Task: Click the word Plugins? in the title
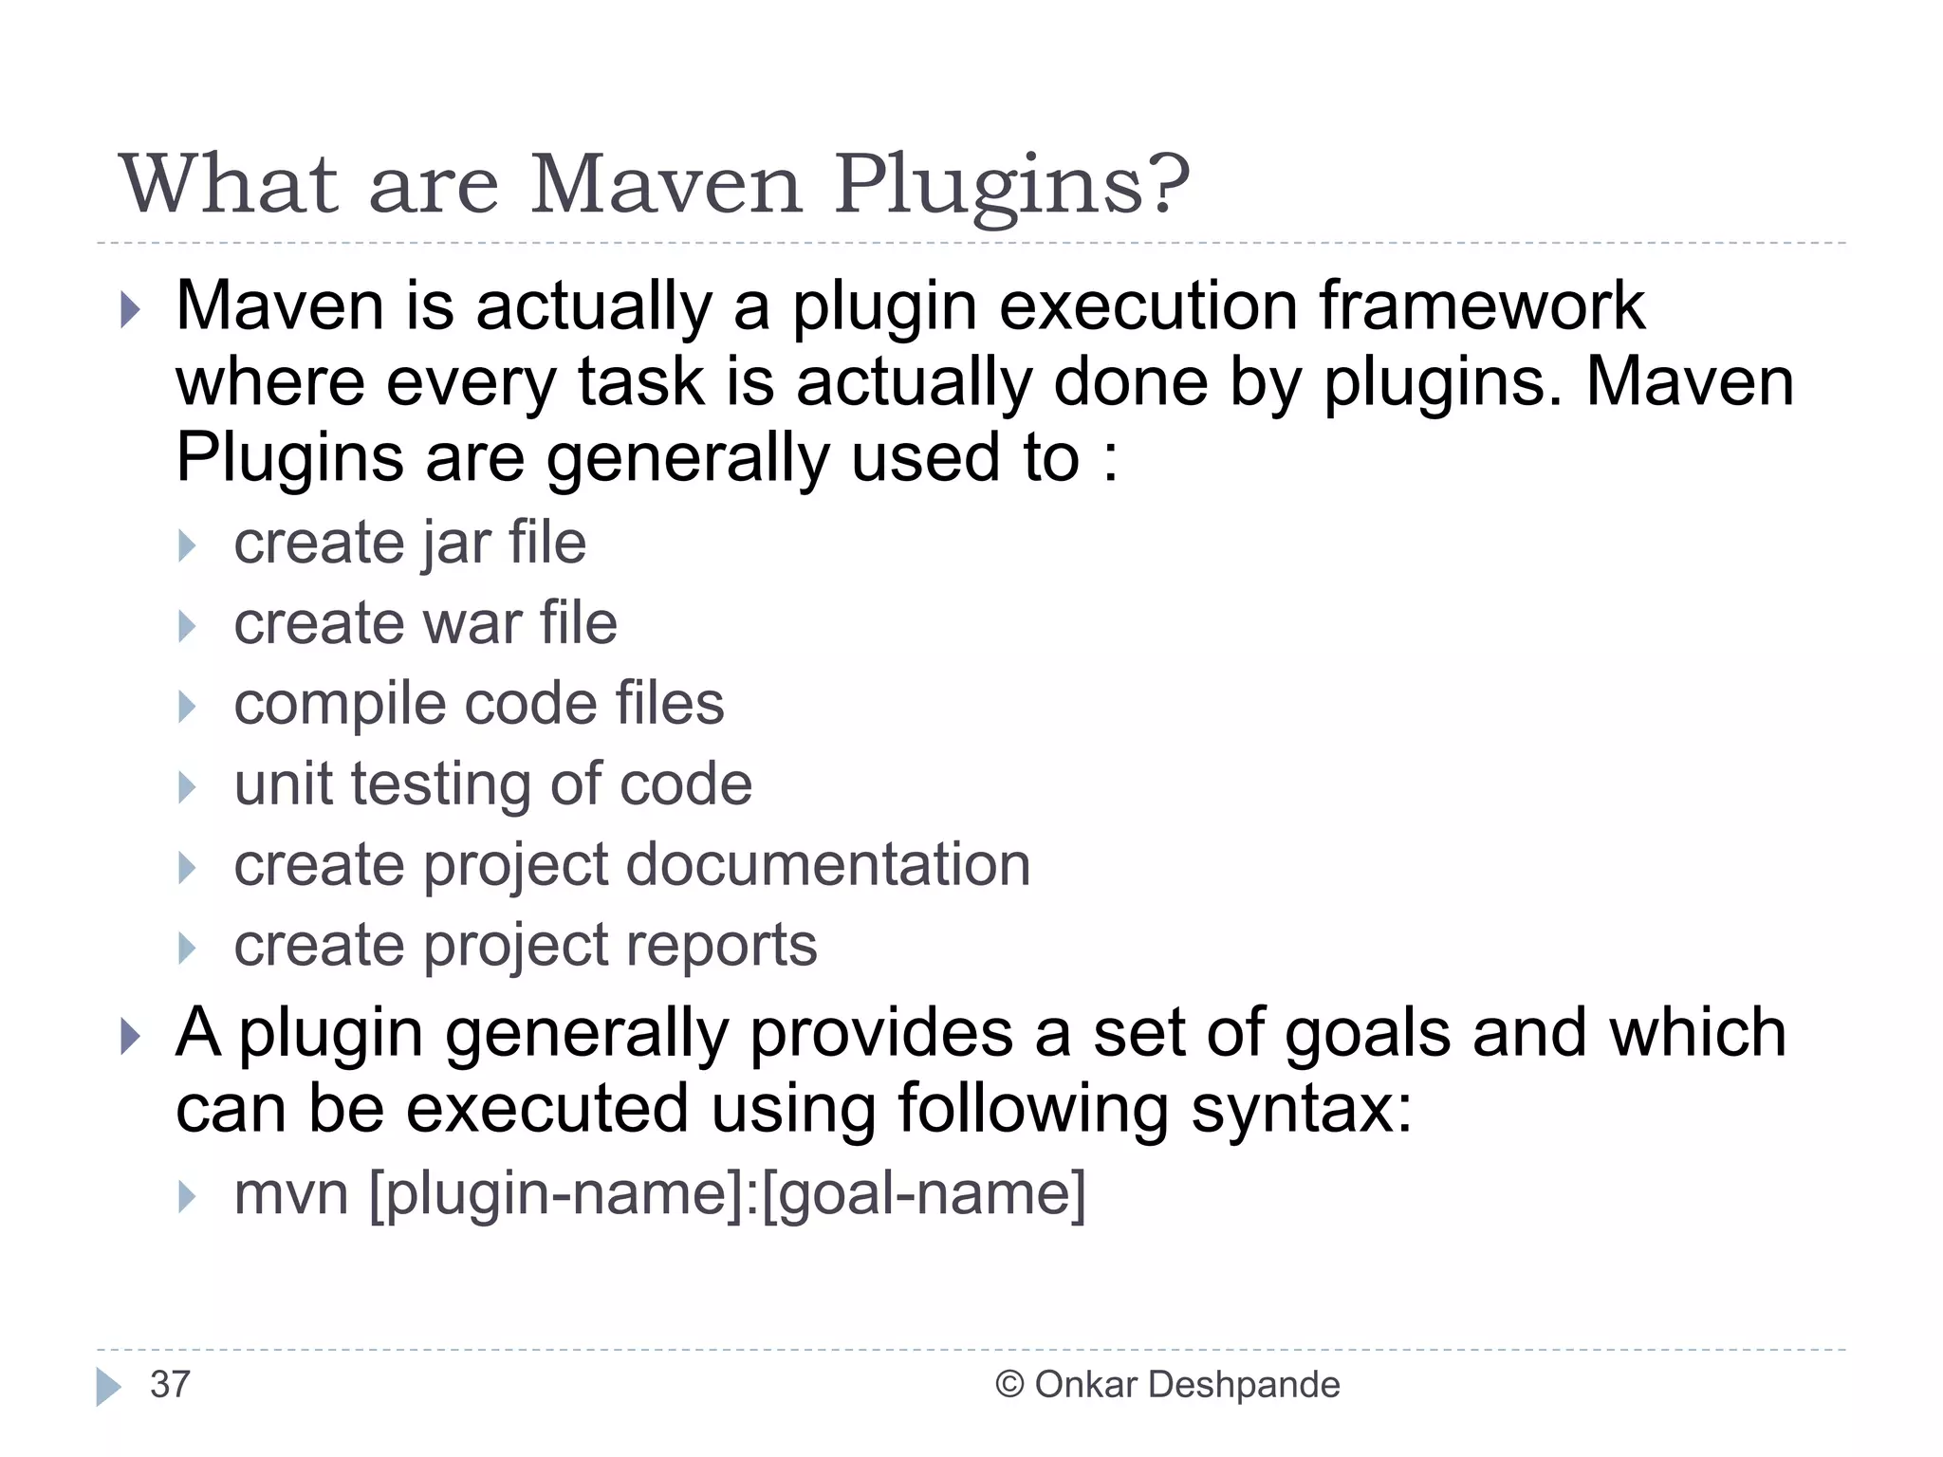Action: pos(1011,185)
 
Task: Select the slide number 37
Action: pos(170,1385)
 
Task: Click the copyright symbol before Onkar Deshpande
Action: pos(1009,1385)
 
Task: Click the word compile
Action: pos(339,705)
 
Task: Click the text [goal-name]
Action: pos(923,1193)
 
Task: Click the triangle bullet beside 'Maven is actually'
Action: pos(131,309)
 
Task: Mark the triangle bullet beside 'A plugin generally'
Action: pos(131,1036)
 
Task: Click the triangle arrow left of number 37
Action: pos(108,1387)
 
